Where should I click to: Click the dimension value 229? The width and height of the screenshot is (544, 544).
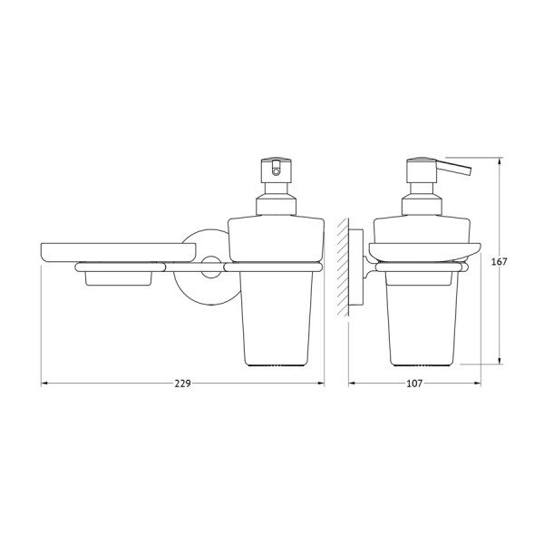(x=182, y=384)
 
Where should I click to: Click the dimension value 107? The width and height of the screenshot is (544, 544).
(x=414, y=384)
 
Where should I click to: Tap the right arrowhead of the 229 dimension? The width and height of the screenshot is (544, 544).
(x=320, y=384)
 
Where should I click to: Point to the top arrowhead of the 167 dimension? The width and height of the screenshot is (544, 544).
(x=500, y=160)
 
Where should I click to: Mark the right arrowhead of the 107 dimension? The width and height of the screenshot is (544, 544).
(x=477, y=384)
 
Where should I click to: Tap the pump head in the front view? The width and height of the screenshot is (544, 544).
(x=275, y=169)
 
